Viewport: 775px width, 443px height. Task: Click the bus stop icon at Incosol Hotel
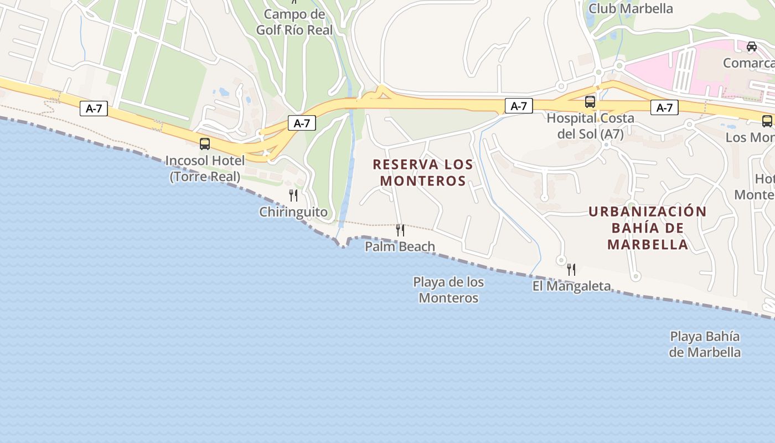pyautogui.click(x=205, y=144)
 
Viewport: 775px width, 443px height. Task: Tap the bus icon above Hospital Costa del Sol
pyautogui.click(x=590, y=102)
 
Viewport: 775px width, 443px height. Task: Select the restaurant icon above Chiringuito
pyautogui.click(x=293, y=195)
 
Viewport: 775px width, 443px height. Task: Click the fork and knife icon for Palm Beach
pyautogui.click(x=400, y=230)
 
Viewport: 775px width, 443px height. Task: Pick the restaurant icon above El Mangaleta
pyautogui.click(x=571, y=270)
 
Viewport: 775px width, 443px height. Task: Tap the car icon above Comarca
pyautogui.click(x=752, y=47)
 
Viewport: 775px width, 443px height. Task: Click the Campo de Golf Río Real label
pyautogui.click(x=294, y=22)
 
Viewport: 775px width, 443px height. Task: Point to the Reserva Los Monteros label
pyautogui.click(x=423, y=172)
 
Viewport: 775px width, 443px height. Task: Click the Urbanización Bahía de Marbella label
pyautogui.click(x=648, y=228)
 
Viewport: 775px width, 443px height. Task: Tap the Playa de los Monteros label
pyautogui.click(x=448, y=290)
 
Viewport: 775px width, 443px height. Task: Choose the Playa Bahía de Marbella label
pyautogui.click(x=705, y=344)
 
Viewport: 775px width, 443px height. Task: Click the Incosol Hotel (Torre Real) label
pyautogui.click(x=205, y=168)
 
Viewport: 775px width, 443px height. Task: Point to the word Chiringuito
pyautogui.click(x=293, y=212)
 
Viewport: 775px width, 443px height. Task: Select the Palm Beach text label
pyautogui.click(x=400, y=246)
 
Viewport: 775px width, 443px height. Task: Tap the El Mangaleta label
pyautogui.click(x=571, y=286)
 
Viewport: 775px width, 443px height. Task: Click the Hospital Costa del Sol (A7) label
pyautogui.click(x=590, y=126)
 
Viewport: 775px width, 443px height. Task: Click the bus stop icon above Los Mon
pyautogui.click(x=767, y=121)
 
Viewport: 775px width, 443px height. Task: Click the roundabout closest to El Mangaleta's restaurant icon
pyautogui.click(x=561, y=260)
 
